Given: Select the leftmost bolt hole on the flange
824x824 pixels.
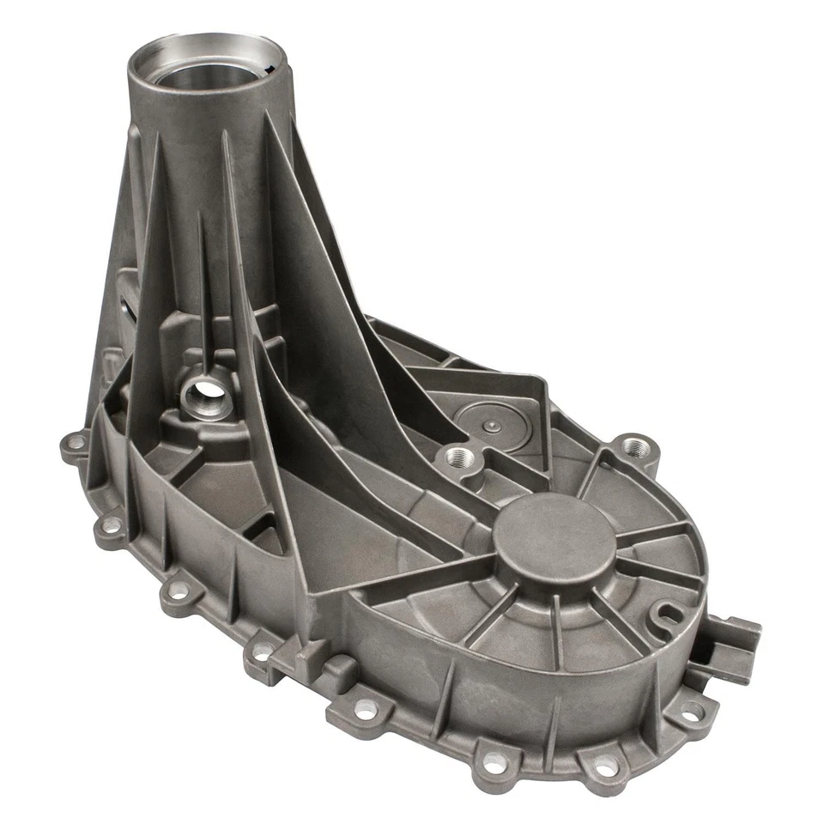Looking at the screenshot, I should [x=76, y=444].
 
